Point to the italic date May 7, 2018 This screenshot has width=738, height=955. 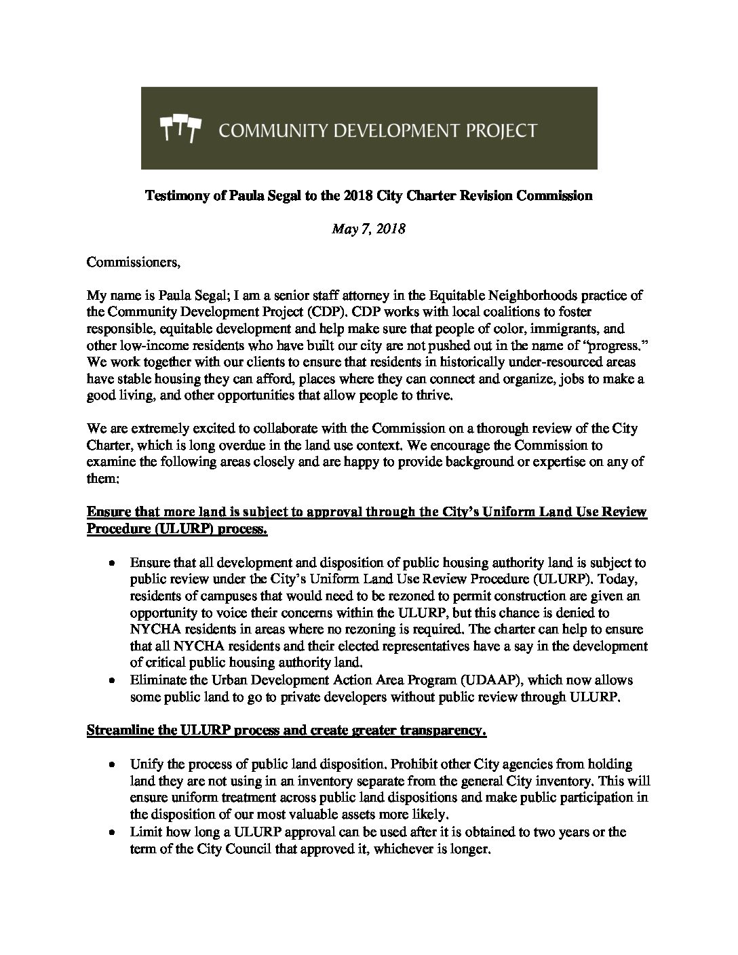(368, 229)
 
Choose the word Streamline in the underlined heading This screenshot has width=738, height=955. (118, 730)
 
